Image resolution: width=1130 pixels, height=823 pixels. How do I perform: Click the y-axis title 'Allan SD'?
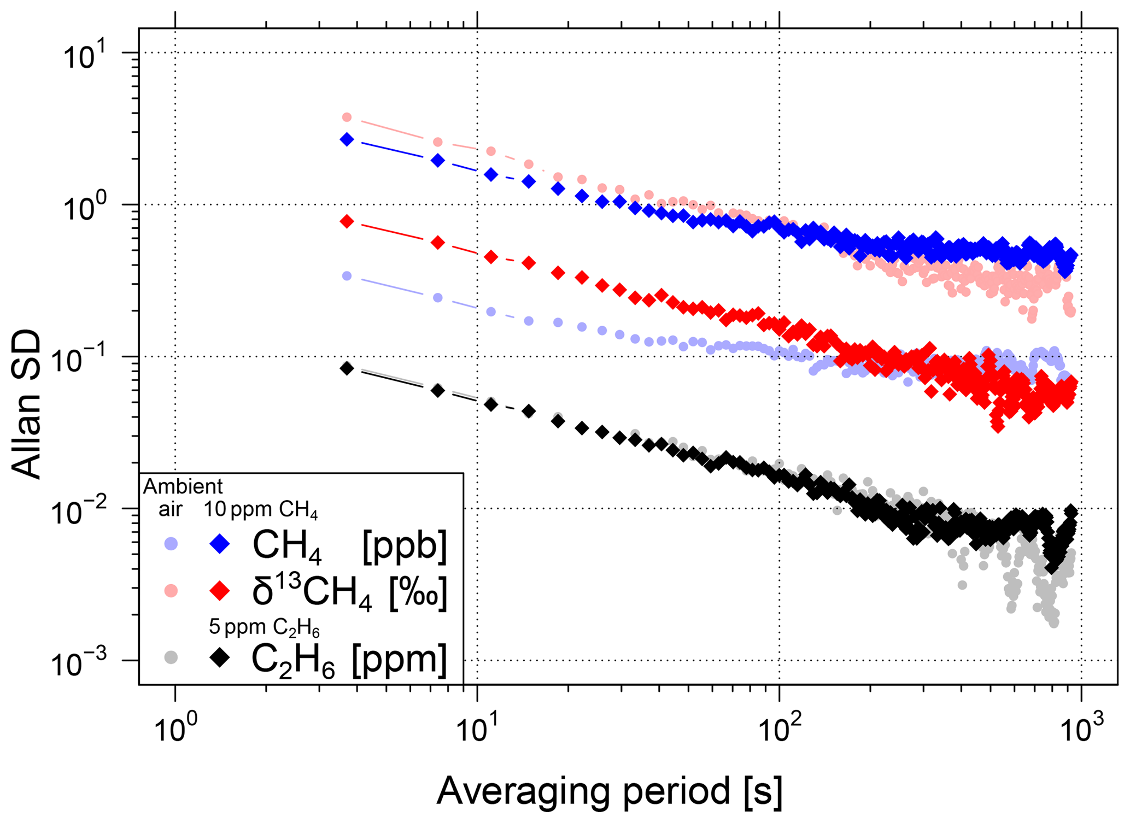26,404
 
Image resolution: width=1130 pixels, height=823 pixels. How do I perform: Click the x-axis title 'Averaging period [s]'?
609,790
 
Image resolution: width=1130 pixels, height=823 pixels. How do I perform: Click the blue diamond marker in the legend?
220,544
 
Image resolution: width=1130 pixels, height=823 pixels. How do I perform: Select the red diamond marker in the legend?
220,591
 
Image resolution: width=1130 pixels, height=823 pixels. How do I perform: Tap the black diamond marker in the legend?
220,657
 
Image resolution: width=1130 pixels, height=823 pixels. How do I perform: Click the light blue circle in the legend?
172,544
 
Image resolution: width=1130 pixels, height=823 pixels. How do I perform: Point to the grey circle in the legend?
172,657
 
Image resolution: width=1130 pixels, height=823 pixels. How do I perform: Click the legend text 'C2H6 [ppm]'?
349,660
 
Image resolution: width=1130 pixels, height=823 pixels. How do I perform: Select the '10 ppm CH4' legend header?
261,510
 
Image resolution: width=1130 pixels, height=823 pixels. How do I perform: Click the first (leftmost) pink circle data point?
347,117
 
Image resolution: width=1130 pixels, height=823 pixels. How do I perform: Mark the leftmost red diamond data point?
347,221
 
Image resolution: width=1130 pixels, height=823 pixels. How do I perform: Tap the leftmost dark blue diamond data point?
347,139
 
